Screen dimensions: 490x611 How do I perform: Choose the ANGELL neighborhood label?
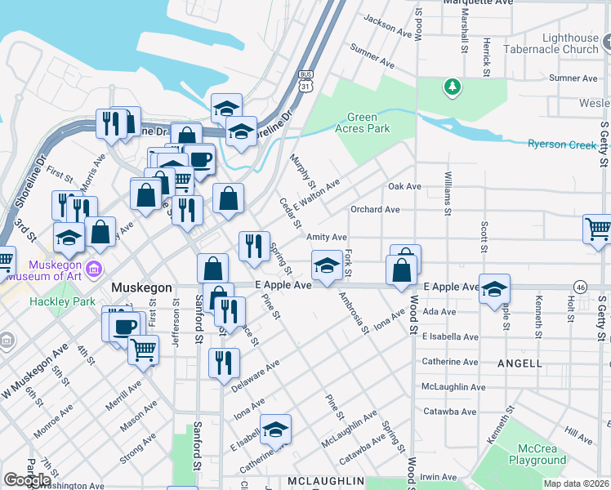(x=519, y=363)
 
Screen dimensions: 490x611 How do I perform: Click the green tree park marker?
(x=451, y=86)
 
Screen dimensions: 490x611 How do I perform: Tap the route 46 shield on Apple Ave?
(x=581, y=287)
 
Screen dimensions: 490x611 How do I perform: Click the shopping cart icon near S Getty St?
(x=599, y=229)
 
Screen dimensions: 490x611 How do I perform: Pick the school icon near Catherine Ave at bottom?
(x=276, y=430)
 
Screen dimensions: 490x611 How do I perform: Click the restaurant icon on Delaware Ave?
(x=224, y=362)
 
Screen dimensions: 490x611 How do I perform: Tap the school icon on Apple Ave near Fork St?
(x=327, y=265)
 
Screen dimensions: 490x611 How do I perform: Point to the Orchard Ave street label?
(x=375, y=210)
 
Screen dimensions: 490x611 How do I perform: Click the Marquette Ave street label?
(x=477, y=2)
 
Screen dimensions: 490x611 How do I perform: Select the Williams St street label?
(x=448, y=194)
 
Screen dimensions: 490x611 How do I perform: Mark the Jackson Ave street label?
(x=388, y=27)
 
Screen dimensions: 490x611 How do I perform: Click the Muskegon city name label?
(x=141, y=288)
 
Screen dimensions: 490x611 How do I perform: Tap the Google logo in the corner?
(x=27, y=480)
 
